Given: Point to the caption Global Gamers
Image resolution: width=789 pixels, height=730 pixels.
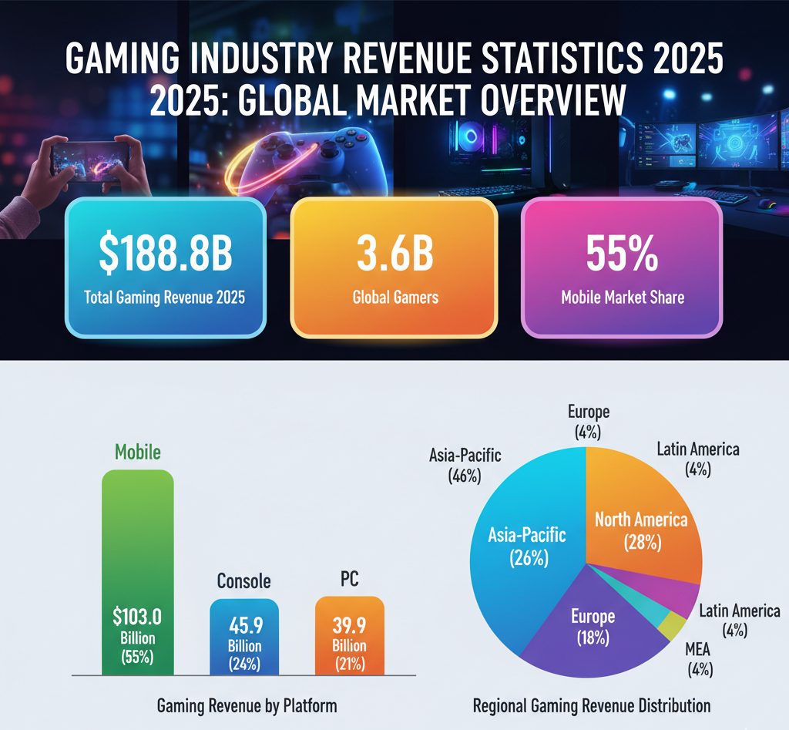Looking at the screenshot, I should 394,297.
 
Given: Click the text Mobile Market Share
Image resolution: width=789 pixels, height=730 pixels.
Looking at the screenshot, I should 623,297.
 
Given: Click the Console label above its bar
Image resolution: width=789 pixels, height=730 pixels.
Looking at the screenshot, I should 244,581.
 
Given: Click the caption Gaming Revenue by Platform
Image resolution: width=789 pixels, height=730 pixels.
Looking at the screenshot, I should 247,705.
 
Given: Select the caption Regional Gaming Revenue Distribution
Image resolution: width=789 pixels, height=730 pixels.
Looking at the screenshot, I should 592,705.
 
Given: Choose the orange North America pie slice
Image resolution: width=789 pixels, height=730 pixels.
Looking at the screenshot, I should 647,524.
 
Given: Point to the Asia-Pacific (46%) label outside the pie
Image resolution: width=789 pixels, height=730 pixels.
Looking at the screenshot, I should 465,466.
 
